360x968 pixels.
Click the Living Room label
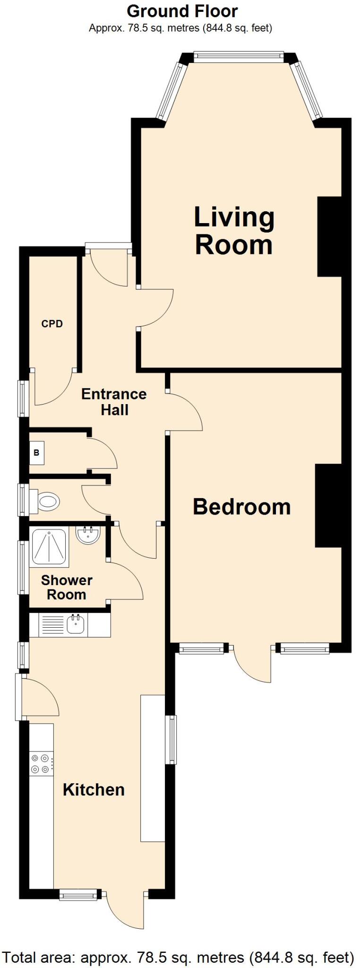(x=234, y=231)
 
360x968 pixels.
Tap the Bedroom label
(x=241, y=507)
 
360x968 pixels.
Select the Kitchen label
(x=94, y=789)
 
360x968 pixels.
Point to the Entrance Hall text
(x=114, y=402)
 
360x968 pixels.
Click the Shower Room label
(x=67, y=587)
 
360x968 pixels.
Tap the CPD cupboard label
(x=52, y=324)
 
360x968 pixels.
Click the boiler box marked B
(x=36, y=452)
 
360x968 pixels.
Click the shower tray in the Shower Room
(x=49, y=547)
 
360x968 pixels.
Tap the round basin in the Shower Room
(x=87, y=536)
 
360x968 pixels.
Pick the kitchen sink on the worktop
(x=75, y=625)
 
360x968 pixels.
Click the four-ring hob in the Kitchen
(x=41, y=764)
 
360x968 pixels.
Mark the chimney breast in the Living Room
(x=329, y=236)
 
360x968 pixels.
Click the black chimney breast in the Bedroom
(x=328, y=506)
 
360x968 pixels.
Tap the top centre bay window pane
(x=239, y=56)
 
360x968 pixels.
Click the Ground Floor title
(x=182, y=11)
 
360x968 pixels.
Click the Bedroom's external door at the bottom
(x=253, y=664)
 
